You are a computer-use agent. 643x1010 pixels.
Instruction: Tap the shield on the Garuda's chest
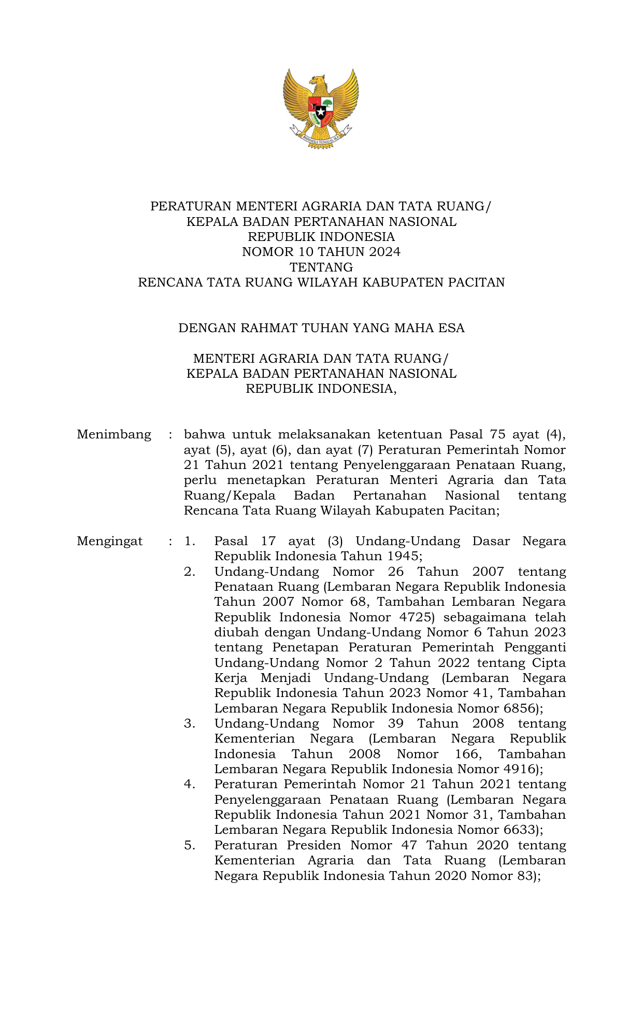[x=321, y=109]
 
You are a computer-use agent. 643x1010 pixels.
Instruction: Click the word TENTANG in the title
[x=321, y=267]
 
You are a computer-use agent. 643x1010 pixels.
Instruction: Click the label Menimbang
[x=114, y=434]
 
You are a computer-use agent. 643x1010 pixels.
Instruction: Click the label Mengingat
[x=110, y=542]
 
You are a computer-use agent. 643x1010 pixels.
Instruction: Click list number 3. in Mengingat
[x=190, y=723]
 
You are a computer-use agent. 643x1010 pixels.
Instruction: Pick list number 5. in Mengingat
[x=190, y=845]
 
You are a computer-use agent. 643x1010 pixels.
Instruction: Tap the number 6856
[x=519, y=708]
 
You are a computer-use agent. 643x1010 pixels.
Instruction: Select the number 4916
[x=519, y=769]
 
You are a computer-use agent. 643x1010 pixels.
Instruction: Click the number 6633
[x=519, y=830]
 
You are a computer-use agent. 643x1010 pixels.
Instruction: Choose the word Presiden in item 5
[x=313, y=845]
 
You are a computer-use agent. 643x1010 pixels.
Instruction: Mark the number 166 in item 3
[x=467, y=754]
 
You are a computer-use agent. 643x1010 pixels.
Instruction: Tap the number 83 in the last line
[x=524, y=876]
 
